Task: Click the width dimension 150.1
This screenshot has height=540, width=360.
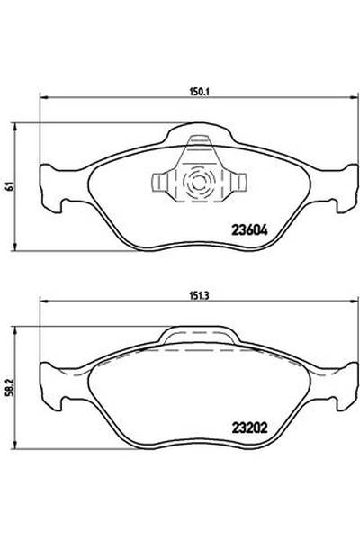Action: (186, 90)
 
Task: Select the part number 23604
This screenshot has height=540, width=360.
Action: (249, 229)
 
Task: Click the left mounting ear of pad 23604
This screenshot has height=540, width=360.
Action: (55, 184)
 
